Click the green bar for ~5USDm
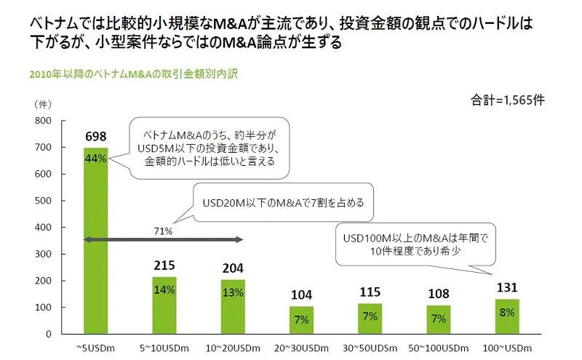tap(96, 240)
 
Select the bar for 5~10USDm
tap(164, 305)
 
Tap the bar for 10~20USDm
tap(234, 306)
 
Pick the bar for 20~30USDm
tap(302, 320)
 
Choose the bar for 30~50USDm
tap(370, 318)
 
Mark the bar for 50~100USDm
tap(439, 319)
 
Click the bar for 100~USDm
tap(507, 316)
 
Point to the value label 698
tap(96, 136)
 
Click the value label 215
tap(164, 265)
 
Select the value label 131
tap(507, 287)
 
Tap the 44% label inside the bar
tap(96, 159)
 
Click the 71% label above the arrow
tap(162, 231)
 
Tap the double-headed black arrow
tap(164, 239)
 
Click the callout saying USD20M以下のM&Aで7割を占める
tap(282, 203)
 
